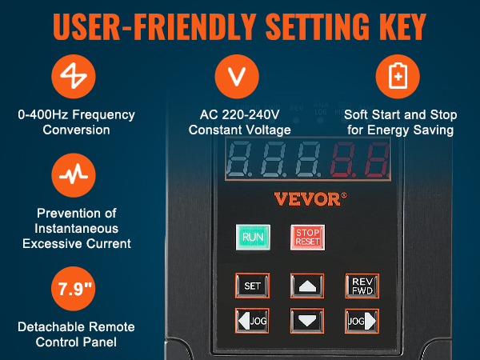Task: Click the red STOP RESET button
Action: [x=307, y=238]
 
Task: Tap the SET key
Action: [x=252, y=286]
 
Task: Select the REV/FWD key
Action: [x=362, y=286]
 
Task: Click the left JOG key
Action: [x=252, y=320]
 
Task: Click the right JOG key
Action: [x=362, y=320]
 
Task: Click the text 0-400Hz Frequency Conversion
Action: [x=78, y=122]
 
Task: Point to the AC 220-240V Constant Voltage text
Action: [x=238, y=122]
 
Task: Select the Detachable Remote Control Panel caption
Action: [x=78, y=334]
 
